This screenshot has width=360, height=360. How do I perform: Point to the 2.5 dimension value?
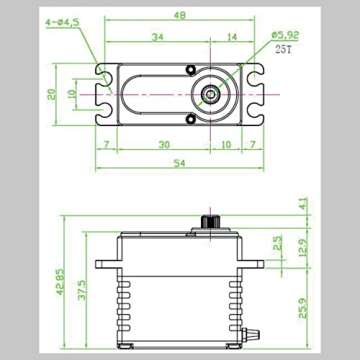[277, 243]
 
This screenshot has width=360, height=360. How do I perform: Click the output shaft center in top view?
[211, 95]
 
